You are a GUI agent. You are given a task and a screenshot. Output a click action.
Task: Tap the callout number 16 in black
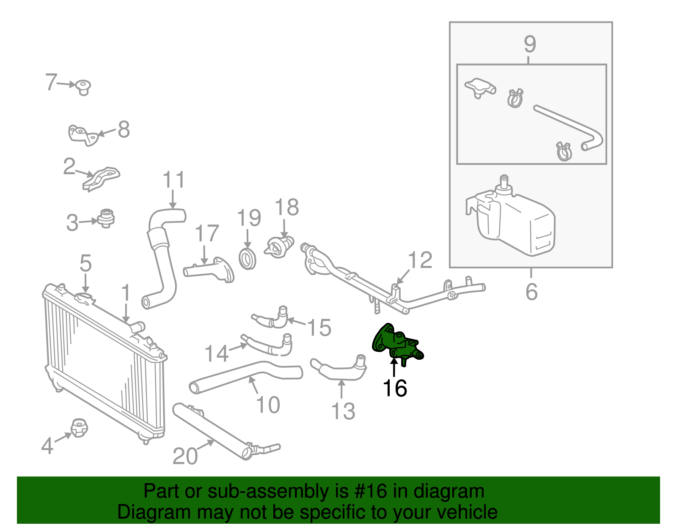[394, 388]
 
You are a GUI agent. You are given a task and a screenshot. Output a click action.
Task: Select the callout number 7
[51, 82]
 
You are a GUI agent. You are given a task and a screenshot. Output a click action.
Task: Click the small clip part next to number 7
[83, 87]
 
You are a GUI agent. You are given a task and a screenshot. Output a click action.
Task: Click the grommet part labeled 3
[106, 218]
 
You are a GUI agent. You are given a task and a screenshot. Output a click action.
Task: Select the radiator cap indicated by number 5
[85, 298]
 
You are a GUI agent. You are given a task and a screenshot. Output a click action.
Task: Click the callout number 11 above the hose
[173, 180]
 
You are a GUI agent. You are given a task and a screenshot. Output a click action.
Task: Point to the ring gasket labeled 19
[248, 259]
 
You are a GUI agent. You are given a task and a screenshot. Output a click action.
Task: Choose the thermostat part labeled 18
[279, 247]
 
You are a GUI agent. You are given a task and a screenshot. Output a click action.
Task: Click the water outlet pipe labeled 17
[209, 270]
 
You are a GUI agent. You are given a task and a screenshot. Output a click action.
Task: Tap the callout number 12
[420, 260]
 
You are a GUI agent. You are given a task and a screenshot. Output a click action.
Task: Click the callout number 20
[185, 457]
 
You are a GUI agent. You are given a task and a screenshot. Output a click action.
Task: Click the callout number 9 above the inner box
[530, 44]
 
